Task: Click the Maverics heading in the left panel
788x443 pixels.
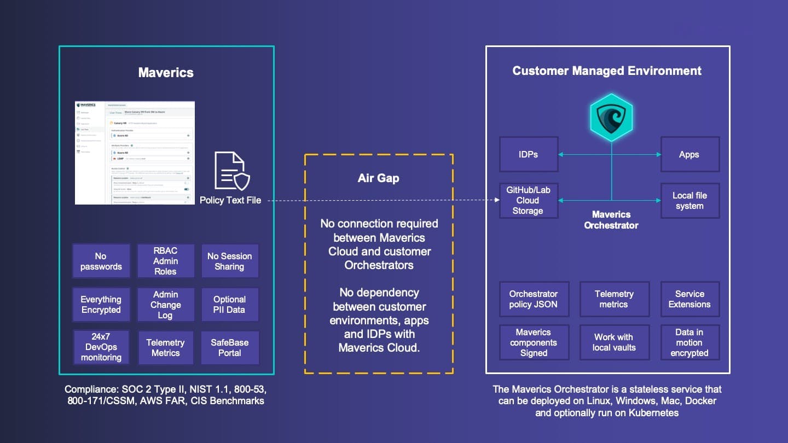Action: [166, 73]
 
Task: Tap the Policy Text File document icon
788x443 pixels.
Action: [232, 171]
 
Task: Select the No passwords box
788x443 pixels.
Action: [101, 261]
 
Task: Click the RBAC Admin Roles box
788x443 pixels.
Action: [165, 261]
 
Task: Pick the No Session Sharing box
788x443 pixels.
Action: [229, 261]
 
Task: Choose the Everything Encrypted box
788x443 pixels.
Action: [101, 305]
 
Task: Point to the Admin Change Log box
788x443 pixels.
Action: [165, 305]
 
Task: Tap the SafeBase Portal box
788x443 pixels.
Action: [229, 348]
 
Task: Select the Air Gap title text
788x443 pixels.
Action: [379, 178]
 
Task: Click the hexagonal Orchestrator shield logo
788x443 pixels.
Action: [611, 117]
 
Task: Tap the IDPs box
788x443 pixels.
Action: [529, 154]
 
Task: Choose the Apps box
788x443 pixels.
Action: [690, 154]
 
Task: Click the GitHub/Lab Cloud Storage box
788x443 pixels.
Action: [529, 201]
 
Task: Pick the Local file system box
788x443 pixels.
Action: [690, 201]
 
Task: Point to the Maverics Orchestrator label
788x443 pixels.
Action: [611, 220]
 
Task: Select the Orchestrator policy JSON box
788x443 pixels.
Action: [534, 299]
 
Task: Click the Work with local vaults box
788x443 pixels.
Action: [614, 342]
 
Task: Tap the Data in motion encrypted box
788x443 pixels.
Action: [690, 342]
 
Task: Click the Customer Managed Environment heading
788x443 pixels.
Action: [607, 71]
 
